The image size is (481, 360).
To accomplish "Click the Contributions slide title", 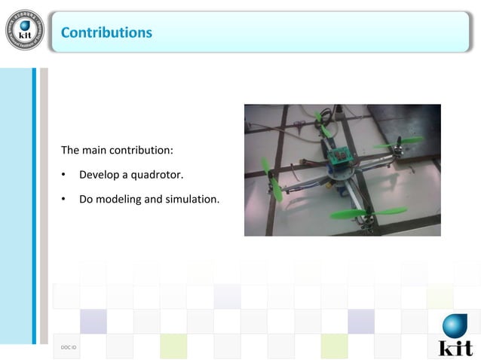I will tap(106, 32).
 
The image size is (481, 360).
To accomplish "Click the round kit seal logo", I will tap(24, 30).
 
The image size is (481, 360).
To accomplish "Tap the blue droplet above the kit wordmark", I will tap(454, 326).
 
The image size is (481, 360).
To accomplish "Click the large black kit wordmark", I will tap(455, 347).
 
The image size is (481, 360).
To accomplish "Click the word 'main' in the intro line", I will tap(95, 150).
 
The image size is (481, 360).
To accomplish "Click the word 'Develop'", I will tap(99, 175).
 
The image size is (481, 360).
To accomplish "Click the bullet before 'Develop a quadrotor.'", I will tap(64, 175).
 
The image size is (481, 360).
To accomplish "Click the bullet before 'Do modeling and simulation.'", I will tap(64, 200).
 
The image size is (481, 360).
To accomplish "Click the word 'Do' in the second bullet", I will tap(86, 200).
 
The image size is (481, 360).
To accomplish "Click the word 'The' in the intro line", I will tap(70, 150).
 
